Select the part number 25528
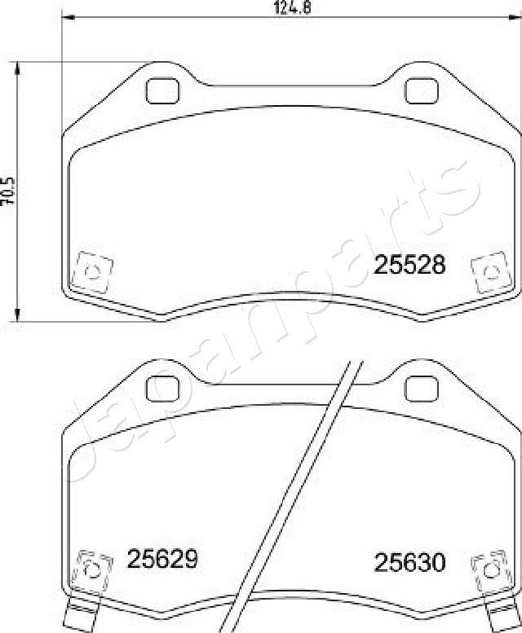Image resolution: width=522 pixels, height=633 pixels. click(x=409, y=264)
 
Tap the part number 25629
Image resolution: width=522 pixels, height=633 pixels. click(x=163, y=559)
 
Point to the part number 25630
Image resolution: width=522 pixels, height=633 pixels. click(x=409, y=561)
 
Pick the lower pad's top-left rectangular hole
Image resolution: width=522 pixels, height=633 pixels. click(x=164, y=385)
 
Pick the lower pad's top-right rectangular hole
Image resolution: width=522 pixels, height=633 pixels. click(x=421, y=385)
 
